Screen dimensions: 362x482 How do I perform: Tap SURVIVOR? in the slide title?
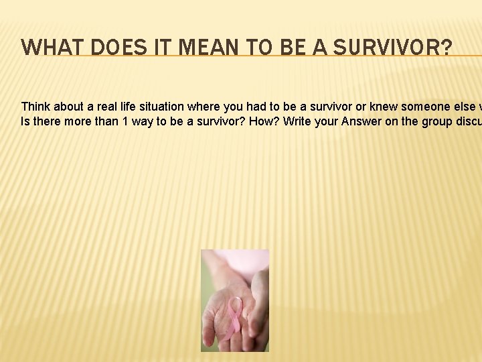[392, 48]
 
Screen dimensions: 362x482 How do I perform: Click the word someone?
[423, 107]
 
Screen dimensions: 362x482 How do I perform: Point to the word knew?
[384, 107]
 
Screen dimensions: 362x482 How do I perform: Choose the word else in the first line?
[460, 107]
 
